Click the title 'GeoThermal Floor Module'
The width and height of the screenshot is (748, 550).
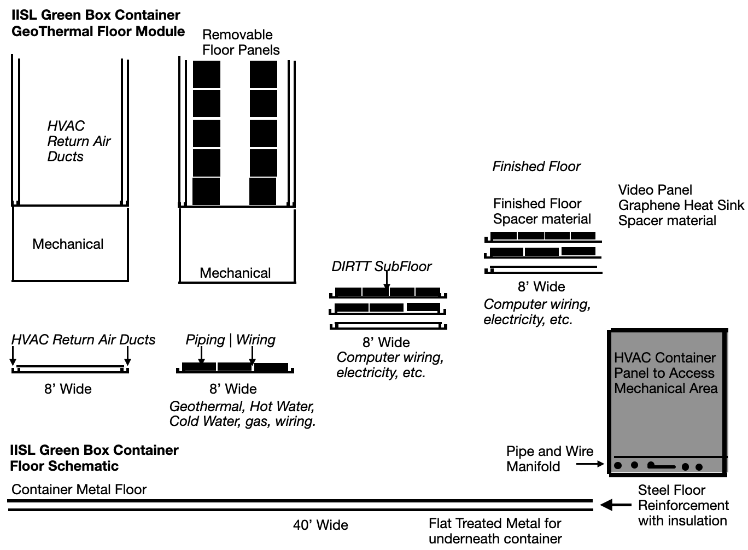98,31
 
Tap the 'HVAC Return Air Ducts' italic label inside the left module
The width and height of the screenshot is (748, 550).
79,141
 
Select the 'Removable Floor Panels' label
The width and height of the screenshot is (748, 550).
241,42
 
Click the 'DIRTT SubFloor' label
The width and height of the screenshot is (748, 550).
381,266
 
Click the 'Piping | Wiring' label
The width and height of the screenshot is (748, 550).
230,340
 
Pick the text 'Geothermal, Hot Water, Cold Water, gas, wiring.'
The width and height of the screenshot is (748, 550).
242,414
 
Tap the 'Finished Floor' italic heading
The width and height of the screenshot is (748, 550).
536,166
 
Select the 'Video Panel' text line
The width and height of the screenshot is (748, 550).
655,190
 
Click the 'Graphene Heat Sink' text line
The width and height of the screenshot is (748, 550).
681,205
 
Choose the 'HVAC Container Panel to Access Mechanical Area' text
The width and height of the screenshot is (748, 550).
665,373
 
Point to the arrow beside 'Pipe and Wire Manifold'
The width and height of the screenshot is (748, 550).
591,464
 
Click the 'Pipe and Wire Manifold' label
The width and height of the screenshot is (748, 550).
549,459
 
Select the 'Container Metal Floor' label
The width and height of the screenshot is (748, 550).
79,489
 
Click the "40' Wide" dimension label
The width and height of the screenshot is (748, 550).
320,525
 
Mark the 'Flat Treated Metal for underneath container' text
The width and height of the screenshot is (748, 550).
495,531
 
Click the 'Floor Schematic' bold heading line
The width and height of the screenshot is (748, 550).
64,466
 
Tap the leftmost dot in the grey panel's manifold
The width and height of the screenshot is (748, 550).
618,466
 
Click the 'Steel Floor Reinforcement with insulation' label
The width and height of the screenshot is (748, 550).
683,505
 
